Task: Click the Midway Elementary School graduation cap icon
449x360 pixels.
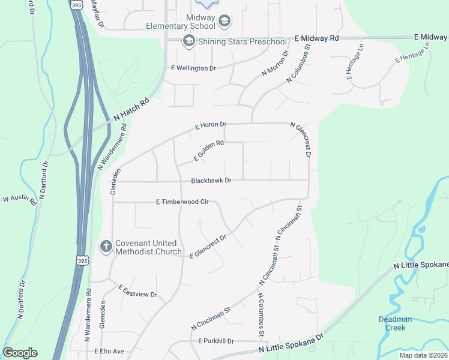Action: point(224,22)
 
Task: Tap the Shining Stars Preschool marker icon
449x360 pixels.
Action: point(188,41)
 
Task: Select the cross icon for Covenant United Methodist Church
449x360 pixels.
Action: point(106,247)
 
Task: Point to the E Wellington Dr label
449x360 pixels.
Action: point(193,68)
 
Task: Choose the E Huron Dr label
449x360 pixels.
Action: point(211,126)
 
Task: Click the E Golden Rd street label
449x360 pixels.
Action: point(208,151)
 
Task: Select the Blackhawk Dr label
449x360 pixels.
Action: point(211,180)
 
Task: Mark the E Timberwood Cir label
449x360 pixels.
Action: point(182,202)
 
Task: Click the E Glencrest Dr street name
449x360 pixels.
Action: point(208,247)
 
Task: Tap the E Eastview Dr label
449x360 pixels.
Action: point(137,291)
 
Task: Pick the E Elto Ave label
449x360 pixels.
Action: point(109,351)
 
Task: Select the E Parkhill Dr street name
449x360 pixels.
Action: point(215,341)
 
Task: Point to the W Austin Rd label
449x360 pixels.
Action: point(20,199)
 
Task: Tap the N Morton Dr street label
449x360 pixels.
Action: point(275,63)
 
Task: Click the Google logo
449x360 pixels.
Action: point(20,353)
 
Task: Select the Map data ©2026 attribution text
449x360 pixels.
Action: point(423,355)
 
